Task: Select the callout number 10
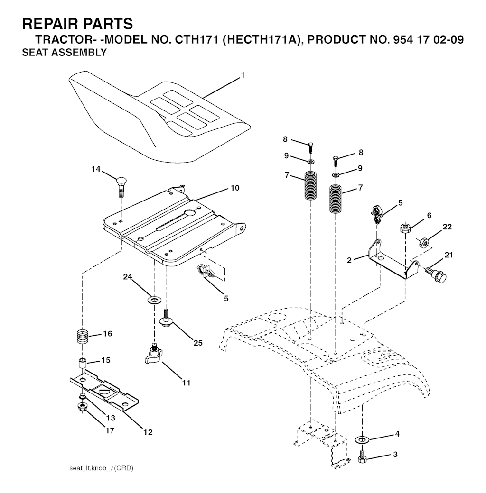click(235, 188)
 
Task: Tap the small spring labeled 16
click(83, 338)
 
